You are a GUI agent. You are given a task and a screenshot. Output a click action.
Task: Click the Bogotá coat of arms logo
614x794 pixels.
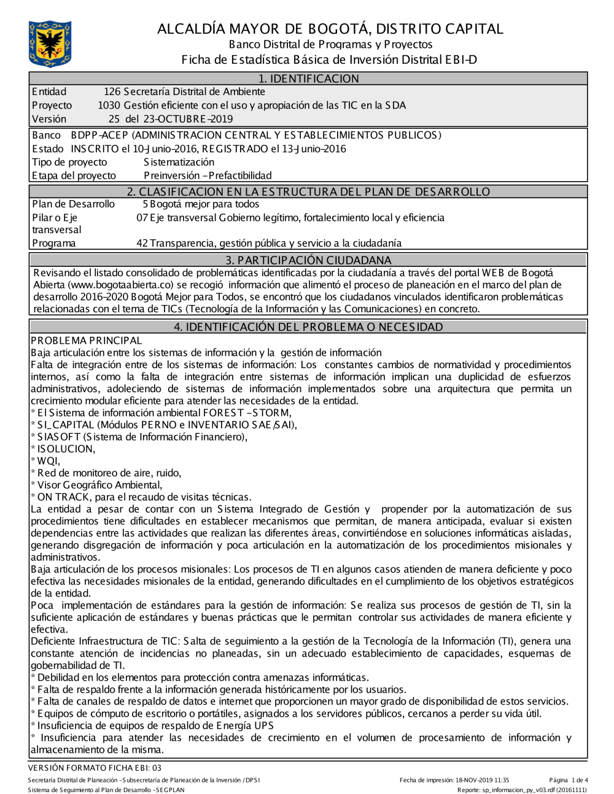click(x=50, y=44)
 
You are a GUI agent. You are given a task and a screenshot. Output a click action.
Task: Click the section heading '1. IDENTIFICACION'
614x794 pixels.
click(x=308, y=79)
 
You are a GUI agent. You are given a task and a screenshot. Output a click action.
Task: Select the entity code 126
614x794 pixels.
click(x=112, y=92)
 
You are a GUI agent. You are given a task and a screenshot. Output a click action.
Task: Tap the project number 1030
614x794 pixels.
click(x=109, y=106)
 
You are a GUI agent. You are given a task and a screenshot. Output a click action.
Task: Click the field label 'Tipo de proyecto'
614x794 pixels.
click(x=69, y=162)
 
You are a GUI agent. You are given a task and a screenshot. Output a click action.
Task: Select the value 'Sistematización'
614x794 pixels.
click(x=179, y=162)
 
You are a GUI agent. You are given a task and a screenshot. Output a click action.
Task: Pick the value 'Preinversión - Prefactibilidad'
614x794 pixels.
click(x=208, y=175)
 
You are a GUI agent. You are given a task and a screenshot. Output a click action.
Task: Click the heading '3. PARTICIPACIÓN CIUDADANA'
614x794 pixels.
click(x=308, y=260)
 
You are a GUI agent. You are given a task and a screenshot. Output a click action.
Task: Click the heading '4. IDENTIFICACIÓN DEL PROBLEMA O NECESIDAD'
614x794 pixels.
click(x=308, y=327)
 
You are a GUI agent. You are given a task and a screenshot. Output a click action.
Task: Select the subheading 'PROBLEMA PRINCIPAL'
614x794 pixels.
click(x=87, y=341)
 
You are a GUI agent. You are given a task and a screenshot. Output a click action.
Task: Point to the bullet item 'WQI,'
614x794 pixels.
click(x=49, y=461)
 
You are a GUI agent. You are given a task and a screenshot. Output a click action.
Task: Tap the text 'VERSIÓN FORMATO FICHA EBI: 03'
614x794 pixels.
click(x=95, y=768)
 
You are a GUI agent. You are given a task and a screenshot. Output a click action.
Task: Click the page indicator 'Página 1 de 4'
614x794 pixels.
click(x=569, y=781)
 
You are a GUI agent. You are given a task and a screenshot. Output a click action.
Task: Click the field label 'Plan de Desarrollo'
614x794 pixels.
click(x=73, y=204)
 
